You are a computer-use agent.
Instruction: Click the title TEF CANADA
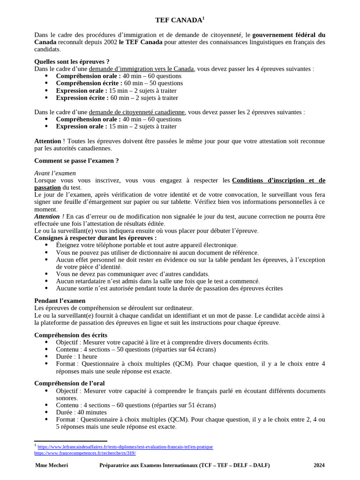[179, 20]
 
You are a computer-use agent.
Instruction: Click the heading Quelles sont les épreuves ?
[72, 61]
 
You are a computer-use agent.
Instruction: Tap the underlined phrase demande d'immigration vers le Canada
[141, 69]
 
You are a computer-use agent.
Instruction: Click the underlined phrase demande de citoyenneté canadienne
[137, 112]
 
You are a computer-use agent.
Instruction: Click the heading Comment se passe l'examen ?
[76, 161]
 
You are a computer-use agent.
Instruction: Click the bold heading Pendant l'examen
[60, 300]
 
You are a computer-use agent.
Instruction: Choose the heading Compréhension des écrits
[71, 335]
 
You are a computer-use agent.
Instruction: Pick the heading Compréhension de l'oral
[69, 383]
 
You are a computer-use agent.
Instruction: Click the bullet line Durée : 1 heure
[76, 357]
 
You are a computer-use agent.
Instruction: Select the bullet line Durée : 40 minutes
[81, 412]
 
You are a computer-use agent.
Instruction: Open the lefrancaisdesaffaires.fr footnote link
[125, 447]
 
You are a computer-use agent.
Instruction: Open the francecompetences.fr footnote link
[85, 453]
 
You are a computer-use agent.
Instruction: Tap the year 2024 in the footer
[319, 465]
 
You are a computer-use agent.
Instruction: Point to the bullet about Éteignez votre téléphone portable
[146, 245]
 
